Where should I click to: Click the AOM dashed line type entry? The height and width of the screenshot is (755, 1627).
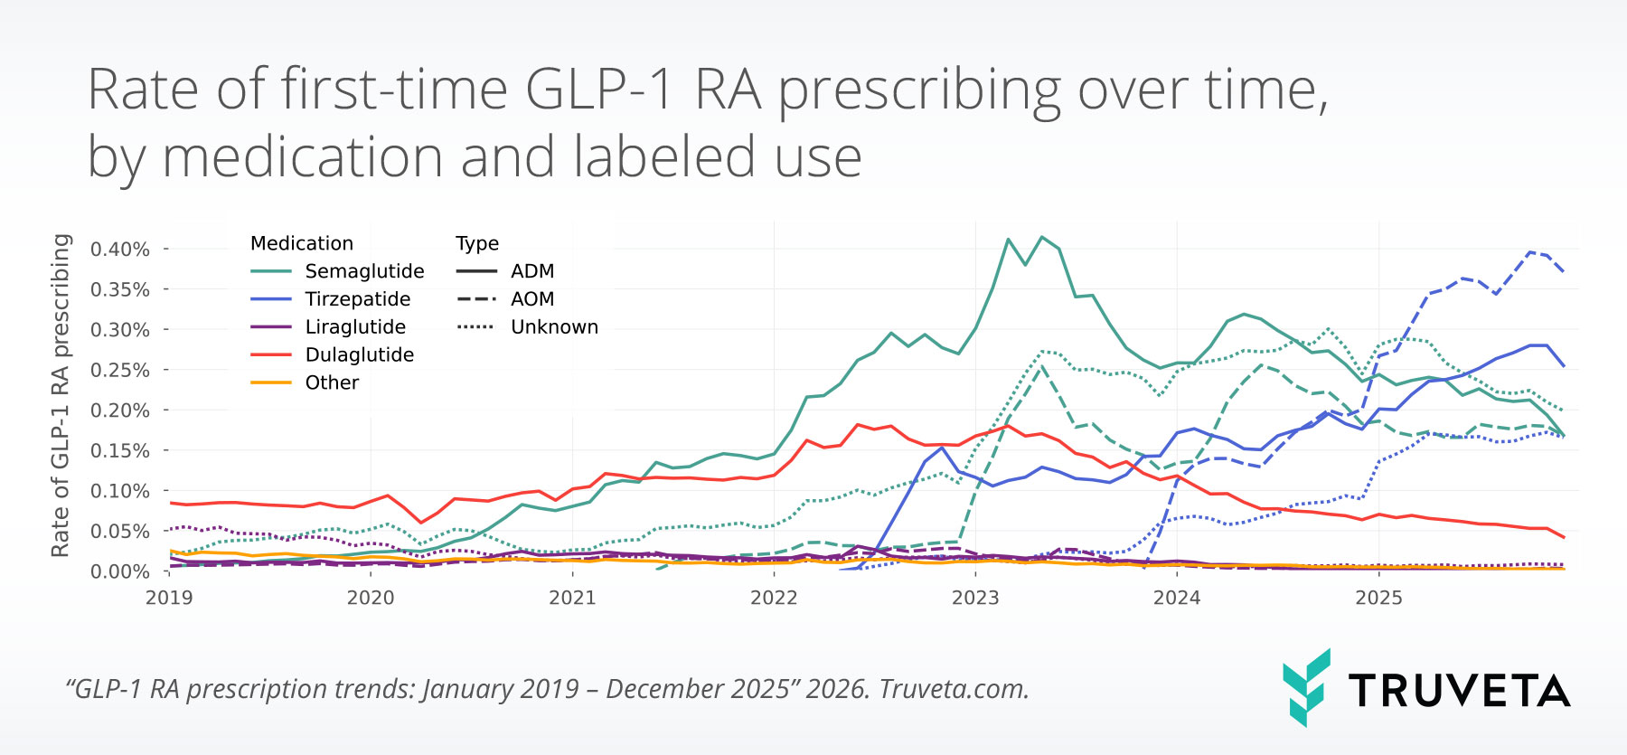click(x=531, y=299)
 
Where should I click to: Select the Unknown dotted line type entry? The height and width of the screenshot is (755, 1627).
click(x=554, y=327)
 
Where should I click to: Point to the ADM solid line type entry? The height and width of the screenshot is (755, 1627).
click(x=531, y=271)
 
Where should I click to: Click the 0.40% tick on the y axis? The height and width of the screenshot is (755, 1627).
click(x=120, y=250)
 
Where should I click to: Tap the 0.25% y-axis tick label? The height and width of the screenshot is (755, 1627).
click(x=120, y=371)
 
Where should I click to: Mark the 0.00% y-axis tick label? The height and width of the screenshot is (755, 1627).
click(x=120, y=572)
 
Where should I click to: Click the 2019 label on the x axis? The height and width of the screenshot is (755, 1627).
click(x=169, y=598)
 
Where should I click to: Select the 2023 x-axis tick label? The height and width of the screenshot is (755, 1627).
click(x=975, y=598)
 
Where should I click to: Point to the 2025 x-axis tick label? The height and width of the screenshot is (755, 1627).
click(x=1378, y=598)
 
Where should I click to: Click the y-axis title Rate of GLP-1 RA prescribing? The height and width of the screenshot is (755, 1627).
click(x=61, y=395)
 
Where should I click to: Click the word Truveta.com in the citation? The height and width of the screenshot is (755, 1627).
click(x=954, y=689)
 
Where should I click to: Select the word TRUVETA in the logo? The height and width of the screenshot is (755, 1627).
click(x=1459, y=691)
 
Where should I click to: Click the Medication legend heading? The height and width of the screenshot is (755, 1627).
click(x=302, y=243)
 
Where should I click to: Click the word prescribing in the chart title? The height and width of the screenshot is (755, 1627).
click(x=919, y=91)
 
